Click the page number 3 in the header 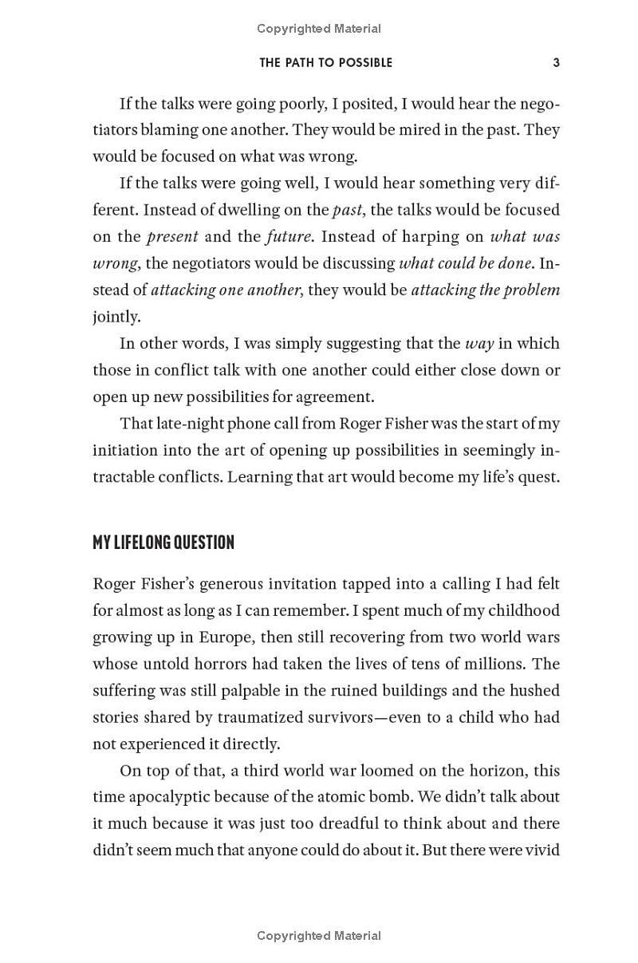coord(557,62)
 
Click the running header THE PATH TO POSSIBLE coord(325,62)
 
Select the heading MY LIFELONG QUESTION coord(163,543)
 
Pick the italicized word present coord(172,237)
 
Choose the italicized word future coord(292,237)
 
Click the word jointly coord(116,317)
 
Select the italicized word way coord(479,344)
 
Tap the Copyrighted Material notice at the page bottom coord(319,936)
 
